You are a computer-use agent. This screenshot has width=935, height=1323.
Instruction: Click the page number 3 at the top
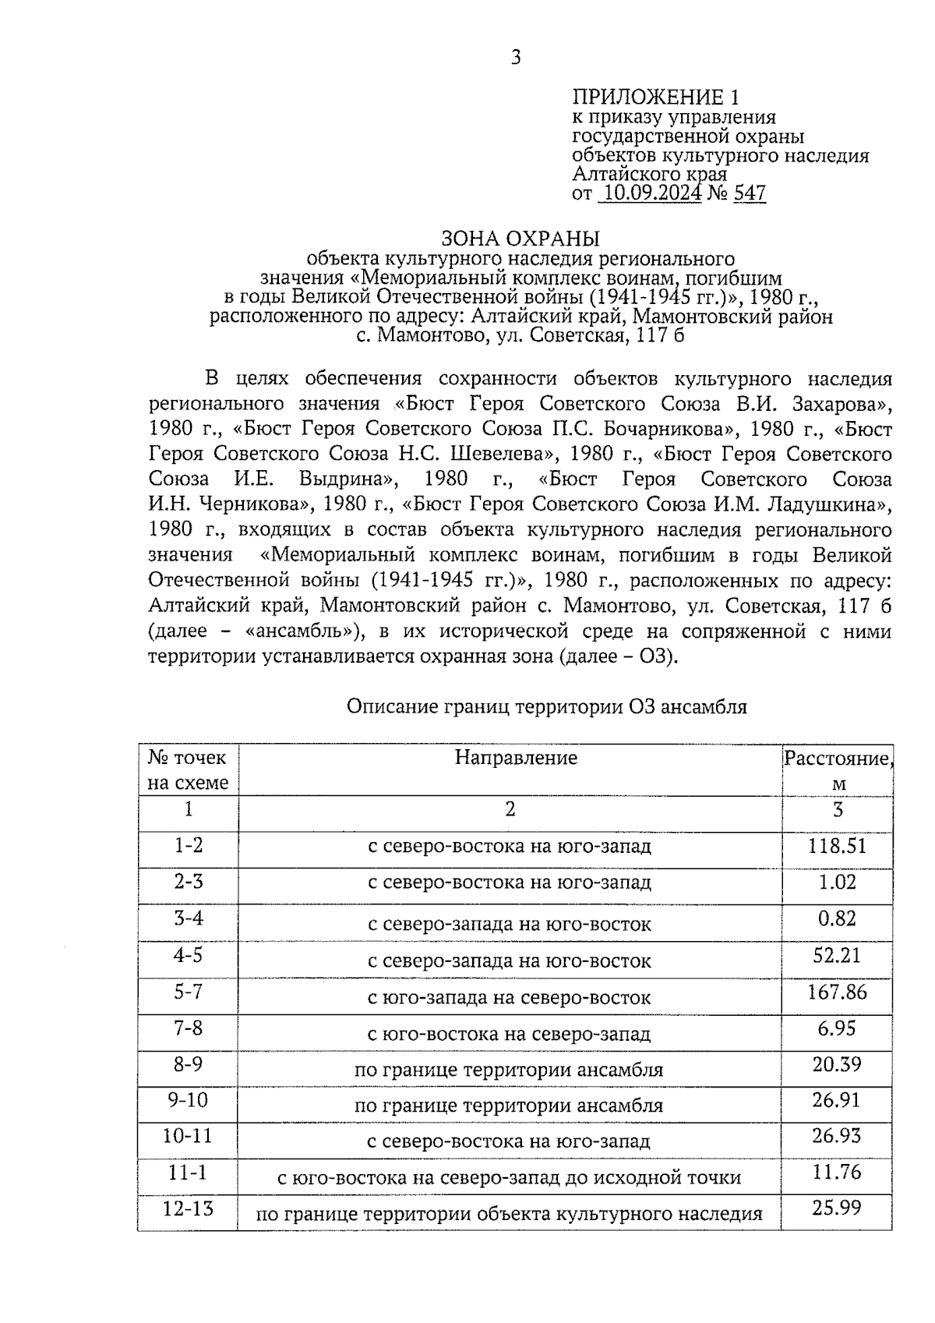coord(515,57)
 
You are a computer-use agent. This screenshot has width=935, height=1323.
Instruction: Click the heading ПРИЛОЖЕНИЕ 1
coord(654,97)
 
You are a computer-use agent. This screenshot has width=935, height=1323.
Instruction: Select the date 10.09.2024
coord(651,193)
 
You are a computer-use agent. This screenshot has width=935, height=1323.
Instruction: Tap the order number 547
coord(749,193)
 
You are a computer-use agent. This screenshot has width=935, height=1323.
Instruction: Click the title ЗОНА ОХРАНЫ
coord(520,238)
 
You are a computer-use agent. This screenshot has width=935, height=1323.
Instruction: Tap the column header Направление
coord(516,758)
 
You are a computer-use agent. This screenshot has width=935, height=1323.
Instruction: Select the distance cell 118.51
coord(837,846)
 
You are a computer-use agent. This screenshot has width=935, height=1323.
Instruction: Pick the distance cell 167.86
coord(837,992)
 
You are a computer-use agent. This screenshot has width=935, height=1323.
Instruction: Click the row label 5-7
coord(188,992)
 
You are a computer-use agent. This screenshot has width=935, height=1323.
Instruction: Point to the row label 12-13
coord(188,1209)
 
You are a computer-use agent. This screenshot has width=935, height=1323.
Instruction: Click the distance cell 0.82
coord(837,919)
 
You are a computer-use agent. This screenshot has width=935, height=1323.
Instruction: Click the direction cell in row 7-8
coord(509,1035)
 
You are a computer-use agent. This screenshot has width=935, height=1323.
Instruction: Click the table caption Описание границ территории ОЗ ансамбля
coord(546,707)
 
